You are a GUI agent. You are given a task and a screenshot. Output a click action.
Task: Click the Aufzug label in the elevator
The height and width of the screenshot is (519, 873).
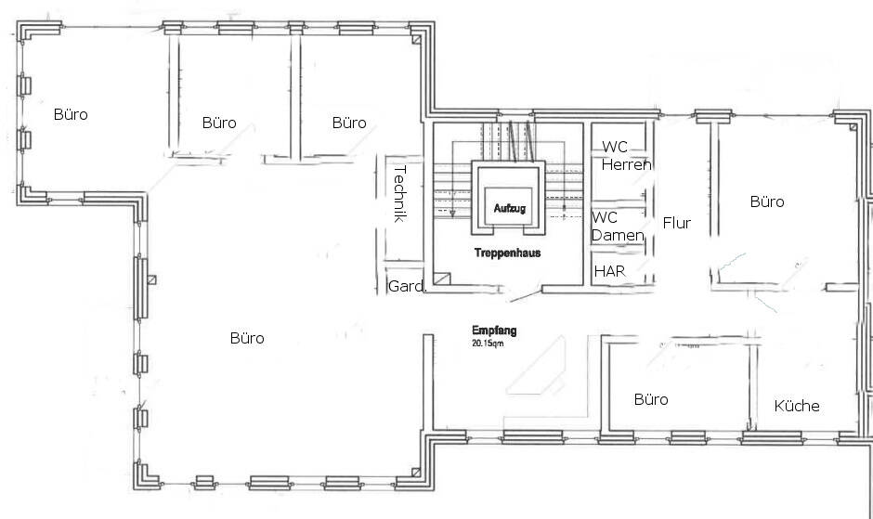[510, 208]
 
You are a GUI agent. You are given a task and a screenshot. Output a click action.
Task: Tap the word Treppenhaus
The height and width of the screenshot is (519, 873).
[507, 253]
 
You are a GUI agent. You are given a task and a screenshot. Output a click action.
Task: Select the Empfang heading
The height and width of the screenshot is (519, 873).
[494, 331]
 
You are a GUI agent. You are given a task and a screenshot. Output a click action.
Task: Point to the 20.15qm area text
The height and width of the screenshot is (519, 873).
[488, 344]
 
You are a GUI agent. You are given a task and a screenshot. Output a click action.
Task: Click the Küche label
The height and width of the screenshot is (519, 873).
[797, 406]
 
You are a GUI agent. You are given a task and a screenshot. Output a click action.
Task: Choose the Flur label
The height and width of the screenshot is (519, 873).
[676, 224]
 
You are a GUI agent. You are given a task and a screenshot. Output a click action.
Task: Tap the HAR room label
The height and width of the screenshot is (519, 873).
[609, 271]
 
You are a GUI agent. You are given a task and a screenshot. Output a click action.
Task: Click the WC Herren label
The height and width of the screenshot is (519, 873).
[626, 156]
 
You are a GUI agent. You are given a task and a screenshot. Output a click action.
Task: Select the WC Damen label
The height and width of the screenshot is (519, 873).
[618, 227]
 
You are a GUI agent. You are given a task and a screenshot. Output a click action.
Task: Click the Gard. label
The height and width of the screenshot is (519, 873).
[407, 286]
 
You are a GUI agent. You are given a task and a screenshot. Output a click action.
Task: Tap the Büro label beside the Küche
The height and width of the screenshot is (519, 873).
[651, 399]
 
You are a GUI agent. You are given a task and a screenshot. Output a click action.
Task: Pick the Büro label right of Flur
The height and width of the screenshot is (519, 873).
[767, 201]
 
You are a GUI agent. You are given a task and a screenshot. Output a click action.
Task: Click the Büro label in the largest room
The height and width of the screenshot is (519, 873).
[247, 338]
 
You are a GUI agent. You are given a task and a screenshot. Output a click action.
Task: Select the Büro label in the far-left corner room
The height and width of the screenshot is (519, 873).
[71, 114]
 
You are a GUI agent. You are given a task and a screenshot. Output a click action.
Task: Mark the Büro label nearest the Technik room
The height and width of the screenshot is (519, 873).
[349, 123]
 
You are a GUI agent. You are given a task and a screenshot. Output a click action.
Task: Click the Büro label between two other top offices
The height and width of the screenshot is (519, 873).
[219, 123]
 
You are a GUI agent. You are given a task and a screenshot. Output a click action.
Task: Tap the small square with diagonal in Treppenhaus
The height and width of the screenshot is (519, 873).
[441, 278]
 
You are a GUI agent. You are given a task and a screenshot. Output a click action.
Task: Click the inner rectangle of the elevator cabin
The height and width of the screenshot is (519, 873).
[508, 206]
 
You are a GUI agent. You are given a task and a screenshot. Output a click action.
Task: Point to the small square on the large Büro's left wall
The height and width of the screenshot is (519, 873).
[151, 279]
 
